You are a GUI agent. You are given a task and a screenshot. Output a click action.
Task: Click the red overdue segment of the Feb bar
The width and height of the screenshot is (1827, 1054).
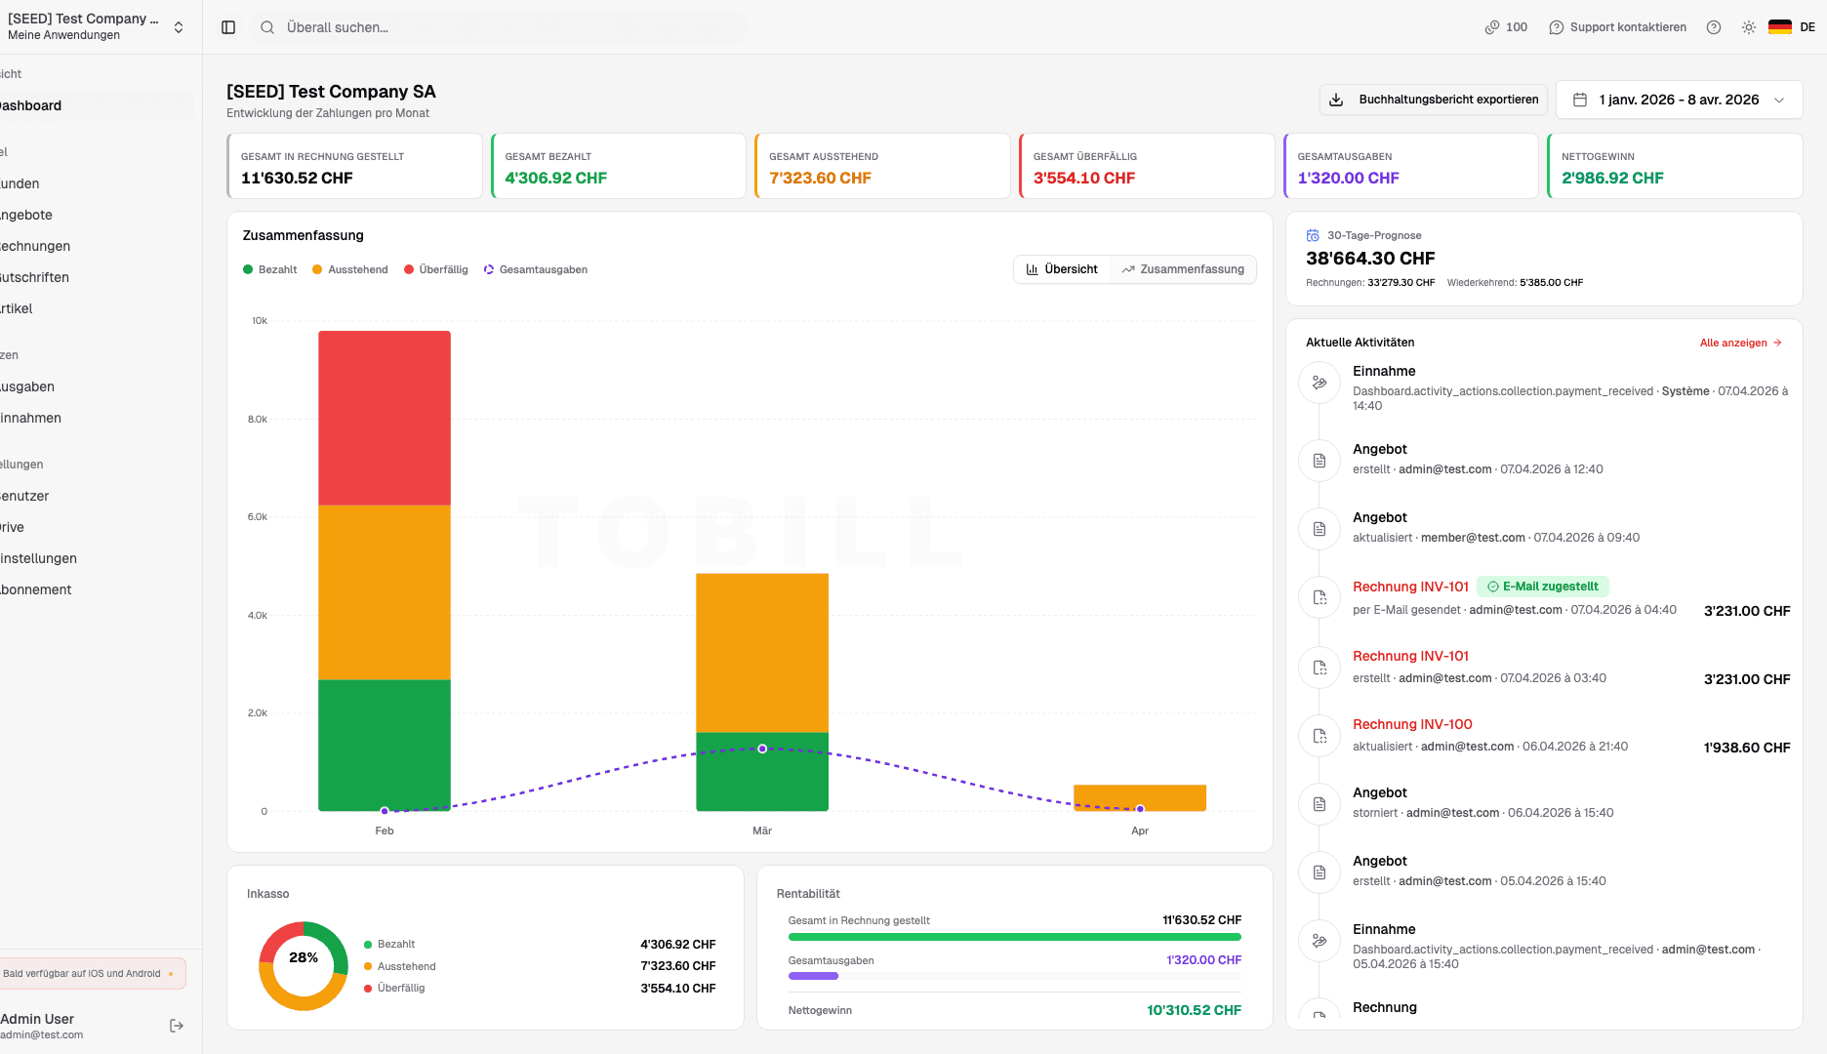(385, 418)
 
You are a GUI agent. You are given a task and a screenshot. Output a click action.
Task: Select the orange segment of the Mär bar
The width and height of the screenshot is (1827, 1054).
(762, 652)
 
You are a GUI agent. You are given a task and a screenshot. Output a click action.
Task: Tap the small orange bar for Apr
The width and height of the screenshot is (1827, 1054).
(1140, 795)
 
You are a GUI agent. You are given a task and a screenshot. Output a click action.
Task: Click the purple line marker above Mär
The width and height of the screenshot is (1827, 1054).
(762, 749)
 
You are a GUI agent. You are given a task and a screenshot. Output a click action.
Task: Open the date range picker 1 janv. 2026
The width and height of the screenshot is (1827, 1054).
(1679, 100)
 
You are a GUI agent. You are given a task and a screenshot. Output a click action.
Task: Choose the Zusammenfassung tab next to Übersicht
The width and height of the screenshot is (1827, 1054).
(1183, 269)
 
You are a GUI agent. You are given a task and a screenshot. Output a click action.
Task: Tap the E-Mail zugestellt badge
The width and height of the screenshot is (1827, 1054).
(1543, 587)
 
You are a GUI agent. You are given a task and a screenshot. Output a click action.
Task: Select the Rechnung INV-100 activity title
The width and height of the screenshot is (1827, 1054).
(1412, 724)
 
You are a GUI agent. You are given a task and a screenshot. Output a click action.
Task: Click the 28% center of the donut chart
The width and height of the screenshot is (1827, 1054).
(304, 957)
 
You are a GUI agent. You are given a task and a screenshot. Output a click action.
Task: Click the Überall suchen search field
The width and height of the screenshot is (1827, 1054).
(498, 27)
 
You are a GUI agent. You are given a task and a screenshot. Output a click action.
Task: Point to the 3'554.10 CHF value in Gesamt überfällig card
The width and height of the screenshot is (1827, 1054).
(1084, 178)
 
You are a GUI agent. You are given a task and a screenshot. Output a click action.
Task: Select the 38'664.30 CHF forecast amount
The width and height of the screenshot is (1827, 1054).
(1370, 259)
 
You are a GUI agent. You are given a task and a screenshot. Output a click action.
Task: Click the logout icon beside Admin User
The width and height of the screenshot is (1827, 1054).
(177, 1026)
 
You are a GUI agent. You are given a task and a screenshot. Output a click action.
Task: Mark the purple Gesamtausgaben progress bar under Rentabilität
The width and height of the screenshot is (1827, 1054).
(813, 976)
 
